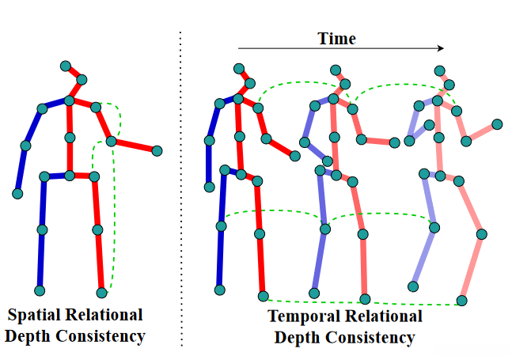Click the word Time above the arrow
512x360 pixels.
336,38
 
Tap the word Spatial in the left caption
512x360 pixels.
36,315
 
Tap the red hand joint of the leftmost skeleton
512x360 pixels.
157,150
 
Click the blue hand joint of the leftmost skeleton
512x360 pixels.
17,193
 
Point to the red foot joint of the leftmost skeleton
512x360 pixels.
101,292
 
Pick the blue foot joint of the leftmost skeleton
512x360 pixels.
40,291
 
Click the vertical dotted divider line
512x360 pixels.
181,190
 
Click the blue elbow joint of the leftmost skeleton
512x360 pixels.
25,146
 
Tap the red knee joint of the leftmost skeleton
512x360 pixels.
97,230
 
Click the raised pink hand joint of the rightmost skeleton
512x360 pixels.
497,124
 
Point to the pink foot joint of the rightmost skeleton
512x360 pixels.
462,300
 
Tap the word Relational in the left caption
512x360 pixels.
104,315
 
